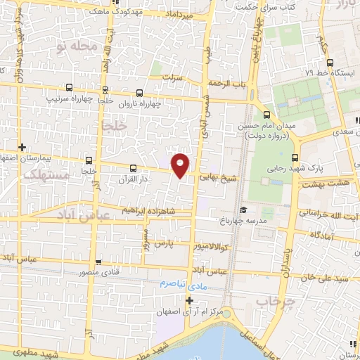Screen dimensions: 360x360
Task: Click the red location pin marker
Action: pyautogui.click(x=181, y=165)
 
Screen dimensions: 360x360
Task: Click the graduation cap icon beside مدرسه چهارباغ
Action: pyautogui.click(x=243, y=210)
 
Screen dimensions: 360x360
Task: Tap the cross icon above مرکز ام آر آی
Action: pyautogui.click(x=188, y=300)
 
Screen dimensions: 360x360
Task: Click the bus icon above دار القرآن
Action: pyautogui.click(x=134, y=168)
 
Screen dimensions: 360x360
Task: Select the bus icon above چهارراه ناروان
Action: pyautogui.click(x=139, y=92)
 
